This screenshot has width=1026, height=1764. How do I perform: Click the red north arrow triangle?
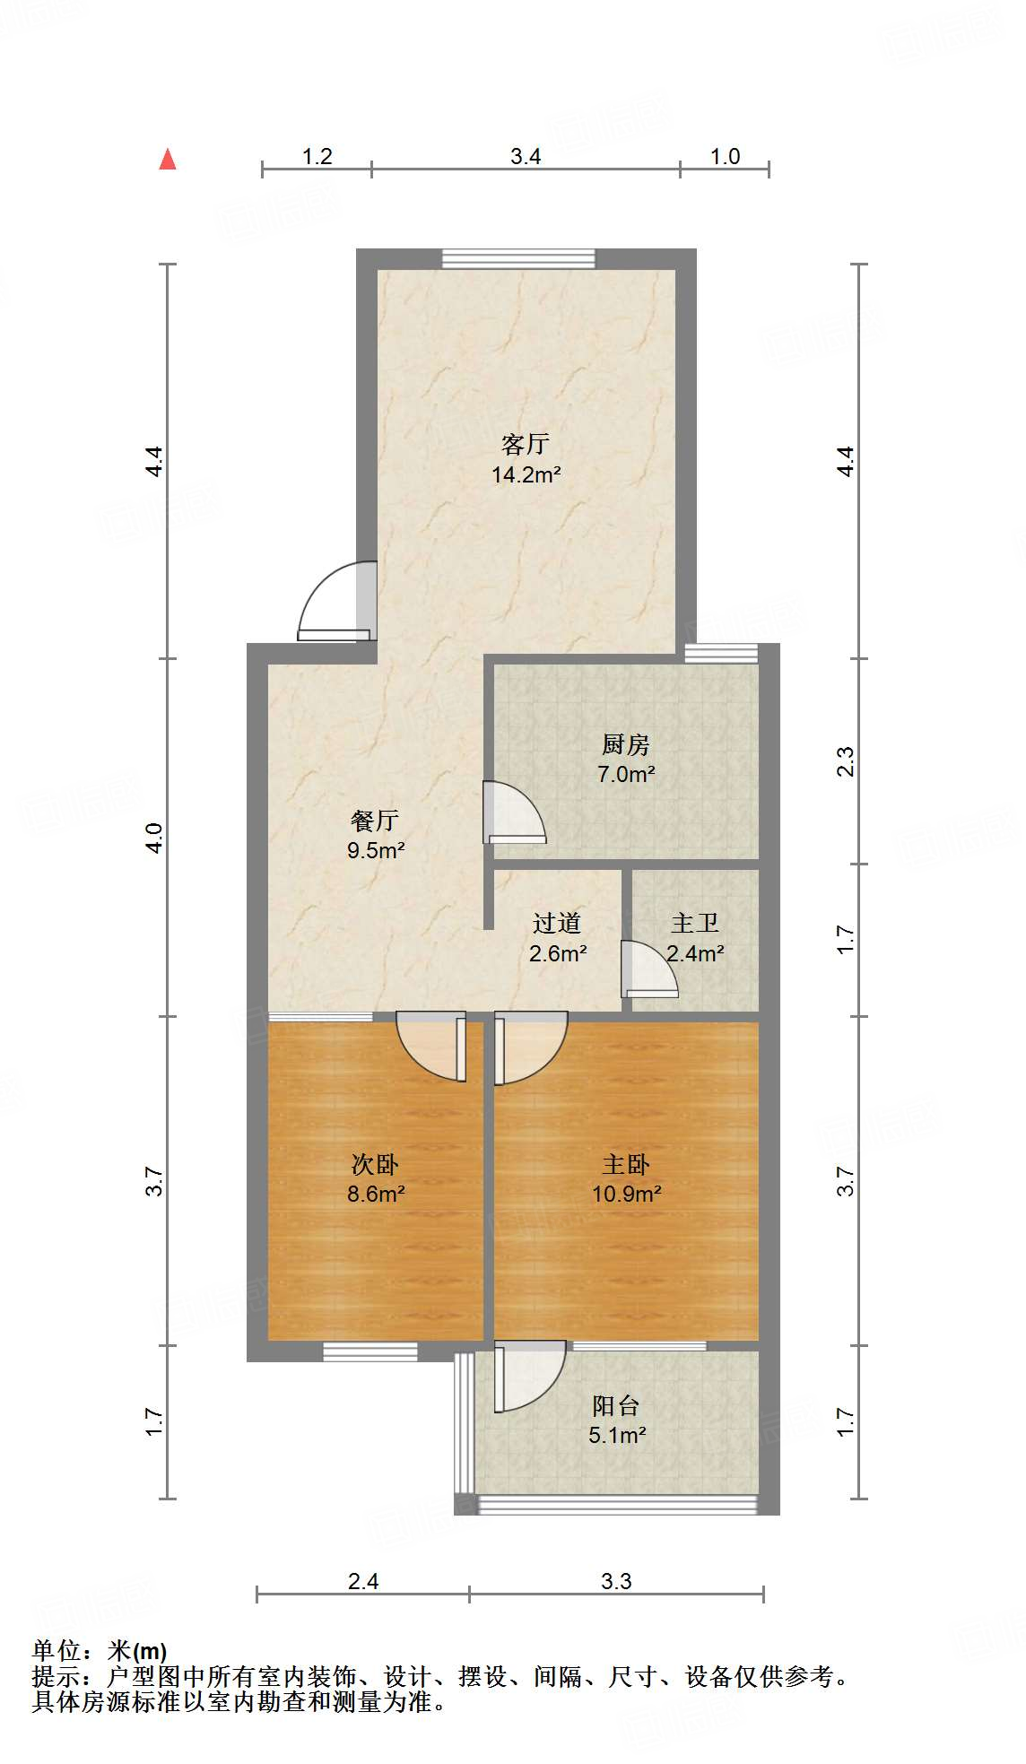168,159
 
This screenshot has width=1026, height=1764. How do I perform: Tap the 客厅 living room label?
526,444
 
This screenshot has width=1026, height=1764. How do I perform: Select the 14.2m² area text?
526,475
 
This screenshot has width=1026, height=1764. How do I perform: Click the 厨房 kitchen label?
625,744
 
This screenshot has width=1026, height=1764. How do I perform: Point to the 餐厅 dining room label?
375,820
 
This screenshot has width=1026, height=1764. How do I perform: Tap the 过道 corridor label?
557,923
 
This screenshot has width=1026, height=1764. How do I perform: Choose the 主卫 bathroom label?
695,923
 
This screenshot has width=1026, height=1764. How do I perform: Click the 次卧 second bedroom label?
375,1164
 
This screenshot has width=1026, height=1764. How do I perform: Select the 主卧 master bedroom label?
625,1164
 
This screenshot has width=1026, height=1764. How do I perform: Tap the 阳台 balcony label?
616,1405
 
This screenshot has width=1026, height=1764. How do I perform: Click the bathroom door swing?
648,969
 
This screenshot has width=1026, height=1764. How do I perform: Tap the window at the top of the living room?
518,258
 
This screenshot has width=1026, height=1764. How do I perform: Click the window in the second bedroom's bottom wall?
370,1351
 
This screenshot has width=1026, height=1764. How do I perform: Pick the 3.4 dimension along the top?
526,157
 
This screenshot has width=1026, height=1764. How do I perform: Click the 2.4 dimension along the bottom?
363,1581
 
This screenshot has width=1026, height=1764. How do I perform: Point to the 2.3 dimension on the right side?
846,761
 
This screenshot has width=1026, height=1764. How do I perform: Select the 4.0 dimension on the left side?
154,838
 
